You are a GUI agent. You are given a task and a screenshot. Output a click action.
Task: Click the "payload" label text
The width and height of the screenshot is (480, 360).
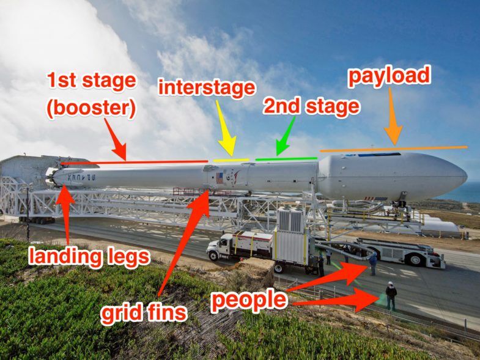[389, 76]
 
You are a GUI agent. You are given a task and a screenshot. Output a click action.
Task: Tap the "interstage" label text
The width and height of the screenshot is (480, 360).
[207, 88]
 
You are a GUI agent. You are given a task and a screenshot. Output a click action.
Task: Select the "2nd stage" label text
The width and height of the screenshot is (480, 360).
[311, 106]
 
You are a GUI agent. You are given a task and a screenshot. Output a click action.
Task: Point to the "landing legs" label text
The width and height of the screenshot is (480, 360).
[89, 257]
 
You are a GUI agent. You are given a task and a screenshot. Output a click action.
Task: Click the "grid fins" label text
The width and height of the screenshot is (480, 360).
[144, 313]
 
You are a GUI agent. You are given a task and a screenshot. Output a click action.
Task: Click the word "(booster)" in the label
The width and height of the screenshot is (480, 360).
[91, 109]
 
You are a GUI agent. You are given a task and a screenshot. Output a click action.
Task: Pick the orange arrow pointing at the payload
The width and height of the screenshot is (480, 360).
[393, 116]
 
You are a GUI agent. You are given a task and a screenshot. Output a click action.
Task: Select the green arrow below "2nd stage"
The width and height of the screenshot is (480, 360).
[286, 136]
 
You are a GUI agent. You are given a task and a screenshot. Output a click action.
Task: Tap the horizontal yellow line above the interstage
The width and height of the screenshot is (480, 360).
[231, 160]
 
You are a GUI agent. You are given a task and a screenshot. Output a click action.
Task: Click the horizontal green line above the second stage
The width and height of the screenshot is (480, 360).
[286, 158]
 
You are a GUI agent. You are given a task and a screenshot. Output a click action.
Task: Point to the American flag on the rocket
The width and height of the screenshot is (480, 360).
[220, 178]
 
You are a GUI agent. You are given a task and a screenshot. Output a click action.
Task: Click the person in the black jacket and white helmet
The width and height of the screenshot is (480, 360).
[391, 295]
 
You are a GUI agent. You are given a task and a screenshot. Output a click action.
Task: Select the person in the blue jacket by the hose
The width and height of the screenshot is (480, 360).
[373, 264]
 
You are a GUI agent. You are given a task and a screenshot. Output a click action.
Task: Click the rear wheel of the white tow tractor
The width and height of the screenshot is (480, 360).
[415, 259]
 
